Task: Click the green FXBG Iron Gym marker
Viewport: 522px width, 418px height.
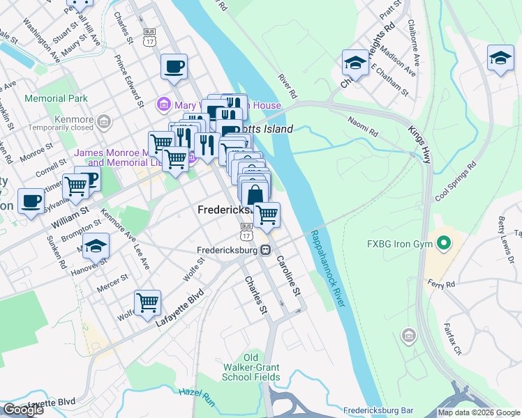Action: pyautogui.click(x=443, y=244)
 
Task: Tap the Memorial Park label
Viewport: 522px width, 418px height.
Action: pyautogui.click(x=56, y=99)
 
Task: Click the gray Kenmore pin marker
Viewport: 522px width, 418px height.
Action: pyautogui.click(x=104, y=123)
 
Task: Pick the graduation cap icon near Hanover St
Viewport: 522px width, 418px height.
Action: pyautogui.click(x=96, y=246)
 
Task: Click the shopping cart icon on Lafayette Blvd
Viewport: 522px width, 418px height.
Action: pyautogui.click(x=147, y=303)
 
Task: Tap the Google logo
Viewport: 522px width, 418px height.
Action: pyautogui.click(x=23, y=410)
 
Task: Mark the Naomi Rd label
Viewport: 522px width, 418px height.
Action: pyautogui.click(x=364, y=125)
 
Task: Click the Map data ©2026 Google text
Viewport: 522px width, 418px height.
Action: pyautogui.click(x=479, y=413)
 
